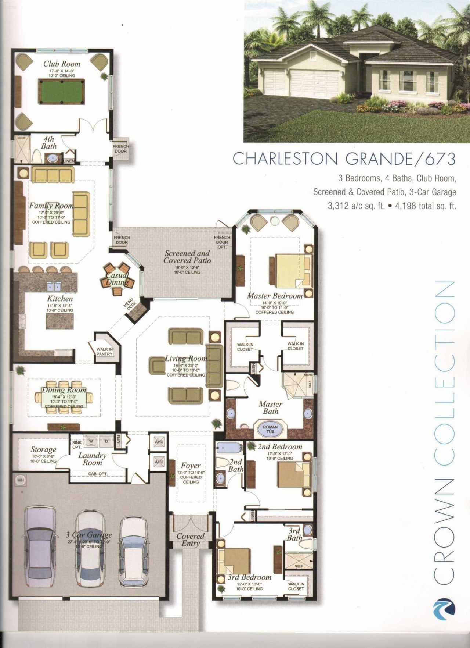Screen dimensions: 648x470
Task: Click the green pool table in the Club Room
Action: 61,93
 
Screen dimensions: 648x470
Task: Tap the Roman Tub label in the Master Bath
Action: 270,429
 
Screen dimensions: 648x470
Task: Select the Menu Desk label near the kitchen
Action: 132,305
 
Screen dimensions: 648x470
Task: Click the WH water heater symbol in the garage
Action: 19,480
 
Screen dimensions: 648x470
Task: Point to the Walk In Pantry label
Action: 105,352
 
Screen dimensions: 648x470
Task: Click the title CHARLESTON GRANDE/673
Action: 344,159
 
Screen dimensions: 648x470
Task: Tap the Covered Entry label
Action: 190,540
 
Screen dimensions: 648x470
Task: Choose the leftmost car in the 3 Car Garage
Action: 40,544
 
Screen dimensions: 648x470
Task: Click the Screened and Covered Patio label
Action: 187,257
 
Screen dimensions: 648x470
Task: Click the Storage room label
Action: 43,449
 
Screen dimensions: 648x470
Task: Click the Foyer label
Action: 191,466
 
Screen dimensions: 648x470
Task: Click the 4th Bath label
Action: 48,142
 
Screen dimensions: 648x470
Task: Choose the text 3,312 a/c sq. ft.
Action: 355,206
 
